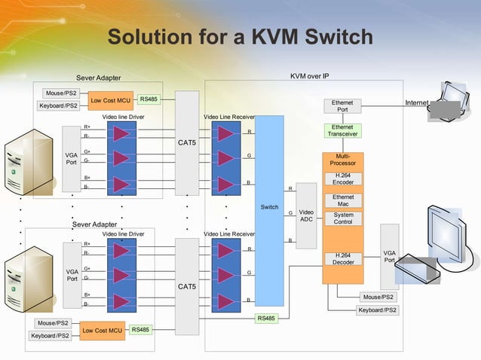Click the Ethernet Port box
(342, 106)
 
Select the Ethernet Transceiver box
(342, 131)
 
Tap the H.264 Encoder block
(343, 178)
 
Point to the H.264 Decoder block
(343, 259)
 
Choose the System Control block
(343, 218)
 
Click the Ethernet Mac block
(343, 200)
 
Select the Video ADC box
(306, 215)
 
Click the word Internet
(417, 102)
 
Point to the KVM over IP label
(309, 76)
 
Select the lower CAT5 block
(187, 286)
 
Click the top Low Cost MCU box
(112, 100)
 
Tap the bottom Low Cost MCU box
(103, 330)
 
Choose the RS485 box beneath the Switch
(267, 318)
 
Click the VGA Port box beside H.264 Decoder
(389, 257)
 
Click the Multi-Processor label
(343, 160)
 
